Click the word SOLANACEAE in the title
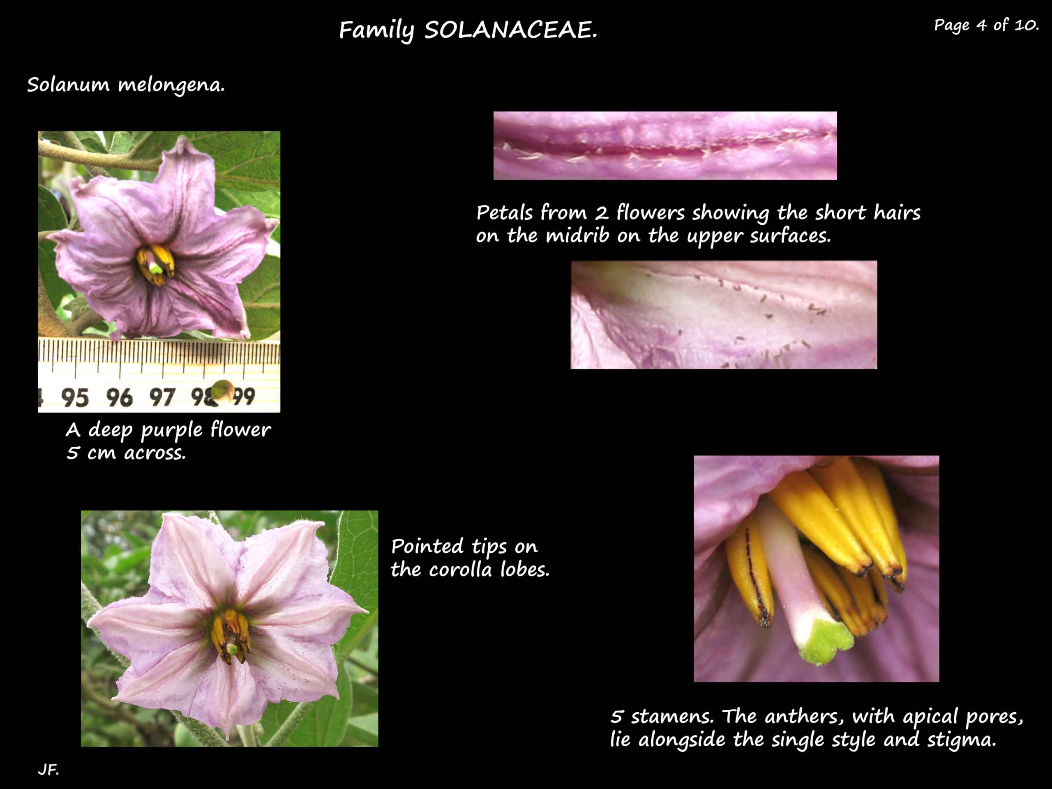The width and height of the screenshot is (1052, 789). pyautogui.click(x=511, y=30)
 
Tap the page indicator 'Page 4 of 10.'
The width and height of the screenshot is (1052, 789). pyautogui.click(x=986, y=25)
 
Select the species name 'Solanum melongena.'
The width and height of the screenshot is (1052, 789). pyautogui.click(x=126, y=85)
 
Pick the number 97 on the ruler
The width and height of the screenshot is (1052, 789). pyautogui.click(x=162, y=397)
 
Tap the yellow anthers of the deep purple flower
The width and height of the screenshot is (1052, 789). pyautogui.click(x=155, y=264)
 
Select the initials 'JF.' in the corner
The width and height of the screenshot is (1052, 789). pyautogui.click(x=48, y=770)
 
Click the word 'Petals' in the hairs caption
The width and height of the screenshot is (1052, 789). pyautogui.click(x=504, y=212)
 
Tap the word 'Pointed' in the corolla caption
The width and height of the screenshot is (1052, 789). pyautogui.click(x=427, y=547)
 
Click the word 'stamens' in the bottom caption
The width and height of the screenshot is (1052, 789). pyautogui.click(x=672, y=716)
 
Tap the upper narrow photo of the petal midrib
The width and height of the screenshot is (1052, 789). pyautogui.click(x=665, y=145)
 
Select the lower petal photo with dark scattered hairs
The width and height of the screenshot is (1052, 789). pyautogui.click(x=724, y=314)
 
